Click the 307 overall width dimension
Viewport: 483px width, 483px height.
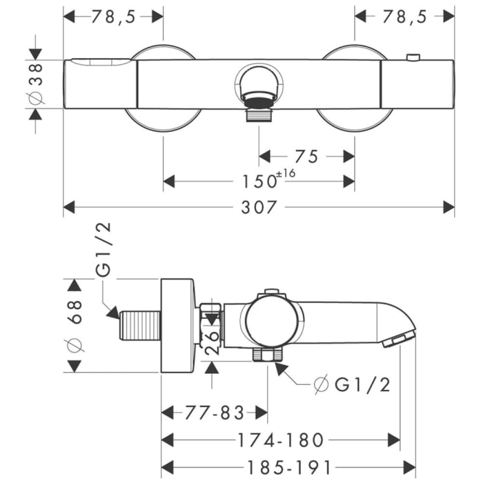pos(259,206)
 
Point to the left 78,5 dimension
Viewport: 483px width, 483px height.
pos(112,17)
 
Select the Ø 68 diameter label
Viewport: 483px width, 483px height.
pos(75,325)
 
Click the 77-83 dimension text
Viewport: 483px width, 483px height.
pos(215,413)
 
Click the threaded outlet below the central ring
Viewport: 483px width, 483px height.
pos(259,112)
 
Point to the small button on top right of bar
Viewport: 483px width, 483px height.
pos(413,57)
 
